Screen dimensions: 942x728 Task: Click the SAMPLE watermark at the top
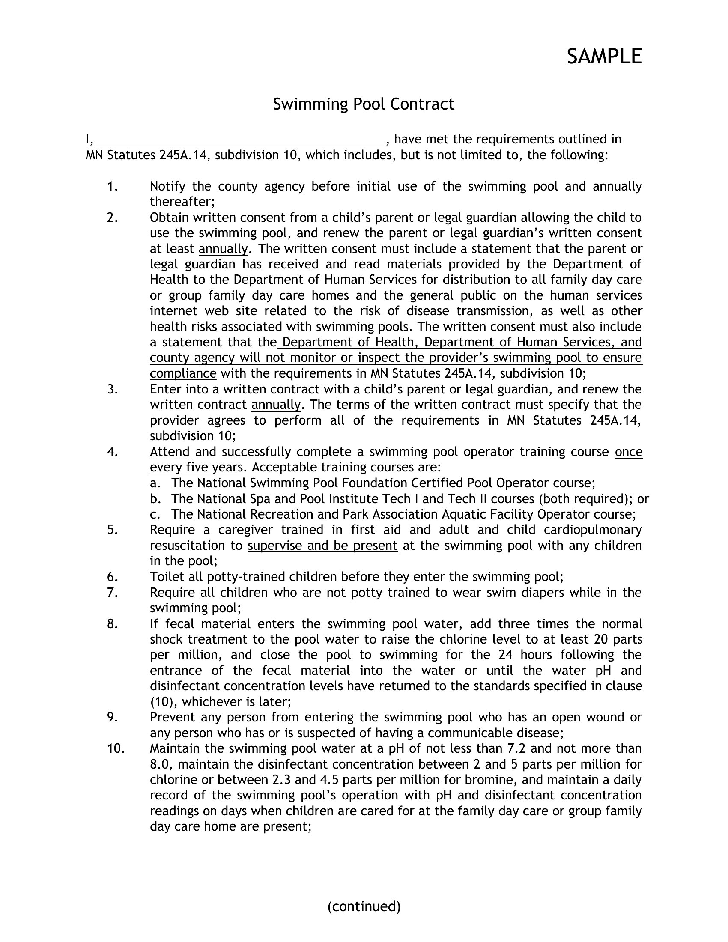tap(604, 57)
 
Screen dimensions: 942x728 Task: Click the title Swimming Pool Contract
tap(364, 104)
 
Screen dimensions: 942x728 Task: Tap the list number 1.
tap(113, 186)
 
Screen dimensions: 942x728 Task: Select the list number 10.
tap(116, 748)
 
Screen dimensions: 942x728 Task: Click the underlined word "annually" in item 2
tap(223, 249)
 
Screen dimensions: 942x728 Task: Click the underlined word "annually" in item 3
tap(276, 405)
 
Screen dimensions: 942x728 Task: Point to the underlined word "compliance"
tap(183, 373)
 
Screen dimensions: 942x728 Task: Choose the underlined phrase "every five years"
tap(196, 467)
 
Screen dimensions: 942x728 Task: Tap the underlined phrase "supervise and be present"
tap(322, 546)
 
